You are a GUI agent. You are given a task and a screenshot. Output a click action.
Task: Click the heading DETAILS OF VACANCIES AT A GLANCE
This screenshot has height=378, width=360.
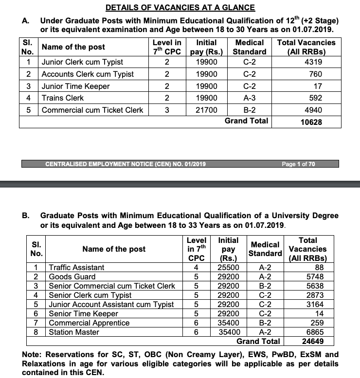click(180, 8)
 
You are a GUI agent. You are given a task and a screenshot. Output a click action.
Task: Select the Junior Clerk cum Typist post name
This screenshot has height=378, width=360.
click(82, 62)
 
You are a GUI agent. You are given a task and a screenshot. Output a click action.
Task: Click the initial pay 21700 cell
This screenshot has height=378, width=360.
click(206, 110)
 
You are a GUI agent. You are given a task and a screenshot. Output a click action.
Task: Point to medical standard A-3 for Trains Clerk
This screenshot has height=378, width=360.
click(249, 98)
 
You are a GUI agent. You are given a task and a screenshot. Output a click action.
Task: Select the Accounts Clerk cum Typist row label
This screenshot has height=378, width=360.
click(88, 74)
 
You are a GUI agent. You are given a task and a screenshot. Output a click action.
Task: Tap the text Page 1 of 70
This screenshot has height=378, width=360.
click(298, 164)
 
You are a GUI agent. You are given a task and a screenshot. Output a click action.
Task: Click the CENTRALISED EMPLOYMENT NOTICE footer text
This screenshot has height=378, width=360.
click(125, 164)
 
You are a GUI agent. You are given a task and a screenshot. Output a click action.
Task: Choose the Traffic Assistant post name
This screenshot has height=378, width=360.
click(77, 267)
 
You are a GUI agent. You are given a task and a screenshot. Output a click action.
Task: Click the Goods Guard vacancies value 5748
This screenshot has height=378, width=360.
click(317, 276)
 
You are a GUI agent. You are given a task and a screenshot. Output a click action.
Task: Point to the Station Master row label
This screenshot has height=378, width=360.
click(74, 332)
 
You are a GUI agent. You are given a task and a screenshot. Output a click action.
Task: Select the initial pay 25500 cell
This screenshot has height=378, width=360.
click(228, 267)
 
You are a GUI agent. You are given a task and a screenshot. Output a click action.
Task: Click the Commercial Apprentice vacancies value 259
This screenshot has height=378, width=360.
click(320, 323)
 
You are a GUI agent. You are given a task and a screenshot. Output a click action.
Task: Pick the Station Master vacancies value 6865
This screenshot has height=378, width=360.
click(317, 332)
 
